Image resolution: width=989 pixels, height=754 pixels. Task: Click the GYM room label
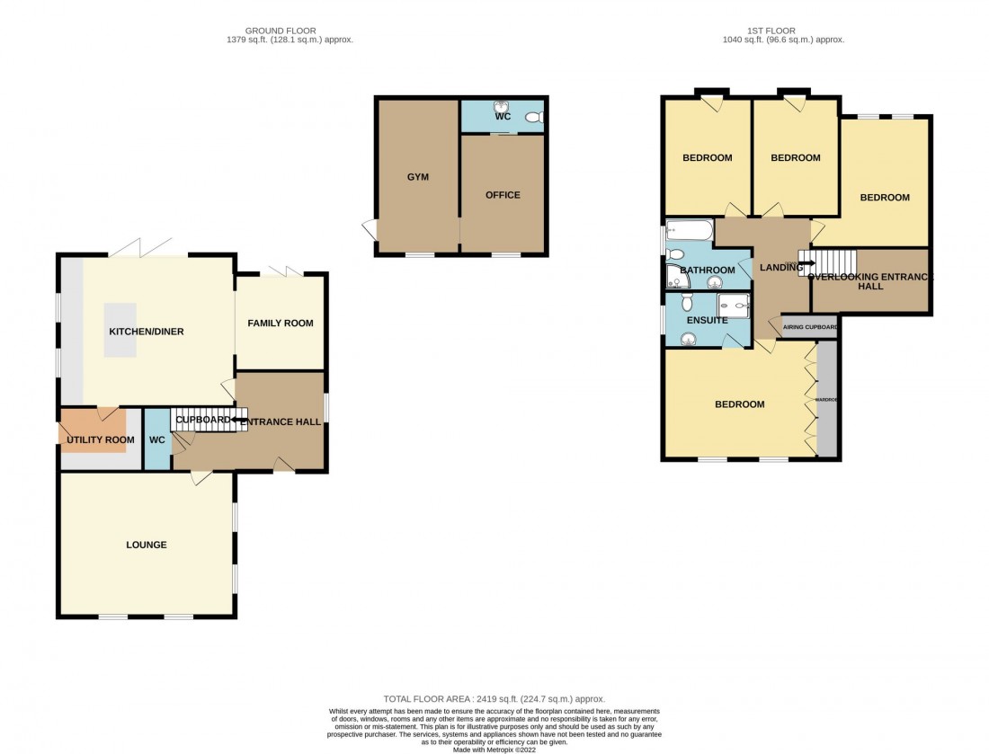coord(417,177)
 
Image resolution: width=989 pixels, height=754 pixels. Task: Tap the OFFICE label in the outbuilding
coord(503,195)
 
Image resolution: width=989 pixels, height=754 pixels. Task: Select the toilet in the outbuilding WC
coord(534,117)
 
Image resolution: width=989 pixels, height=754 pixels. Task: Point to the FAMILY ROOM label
coord(281,324)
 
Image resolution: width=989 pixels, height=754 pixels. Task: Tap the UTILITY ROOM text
coord(100,440)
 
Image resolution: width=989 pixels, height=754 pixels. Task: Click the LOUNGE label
coord(146,545)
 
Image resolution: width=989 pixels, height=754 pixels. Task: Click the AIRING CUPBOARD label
coord(810,327)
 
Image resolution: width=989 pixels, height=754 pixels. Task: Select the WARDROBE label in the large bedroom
coord(825,398)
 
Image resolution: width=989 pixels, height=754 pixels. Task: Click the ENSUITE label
coord(708,320)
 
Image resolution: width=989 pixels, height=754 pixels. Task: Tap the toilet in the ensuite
coord(690,339)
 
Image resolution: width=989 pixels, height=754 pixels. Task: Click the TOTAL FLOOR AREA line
coord(494,698)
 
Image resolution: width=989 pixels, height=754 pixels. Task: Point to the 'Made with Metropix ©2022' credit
coord(494,749)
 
